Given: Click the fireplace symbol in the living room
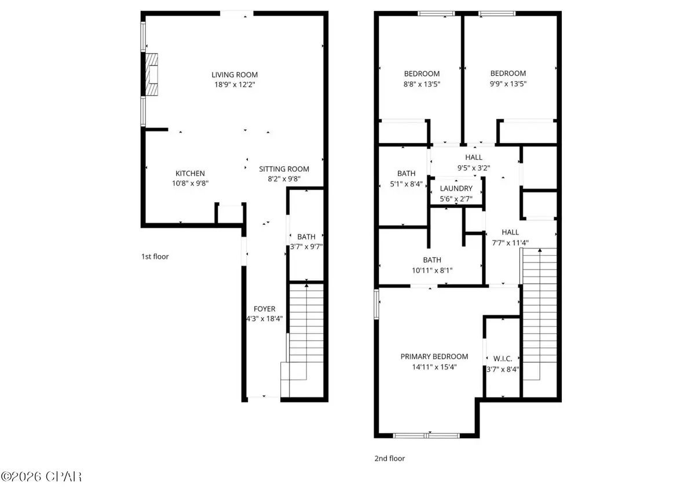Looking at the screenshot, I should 152,74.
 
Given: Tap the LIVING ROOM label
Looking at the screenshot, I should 234,75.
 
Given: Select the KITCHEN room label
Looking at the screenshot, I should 190,173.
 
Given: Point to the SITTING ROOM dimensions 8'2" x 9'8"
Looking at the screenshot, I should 280,179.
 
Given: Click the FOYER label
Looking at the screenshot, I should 264,309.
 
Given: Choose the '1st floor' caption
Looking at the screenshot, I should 155,256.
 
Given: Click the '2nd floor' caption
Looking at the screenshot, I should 389,458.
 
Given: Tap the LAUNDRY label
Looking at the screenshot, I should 456,189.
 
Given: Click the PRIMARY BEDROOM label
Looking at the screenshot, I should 434,356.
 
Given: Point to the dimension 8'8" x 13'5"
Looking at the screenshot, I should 421,83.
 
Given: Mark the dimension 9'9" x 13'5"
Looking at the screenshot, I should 508,83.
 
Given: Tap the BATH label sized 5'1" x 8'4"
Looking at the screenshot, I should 406,173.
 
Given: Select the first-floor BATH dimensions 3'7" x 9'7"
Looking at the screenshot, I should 306,246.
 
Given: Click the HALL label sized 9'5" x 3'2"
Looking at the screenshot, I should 474,158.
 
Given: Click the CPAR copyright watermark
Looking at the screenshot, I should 41,477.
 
